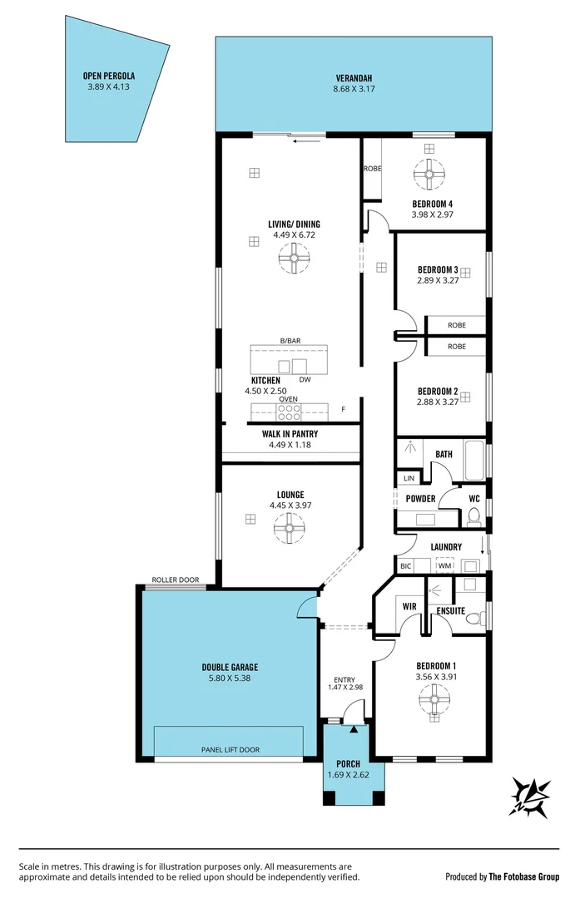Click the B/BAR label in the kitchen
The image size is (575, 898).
[289, 341]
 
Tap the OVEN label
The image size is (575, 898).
[288, 399]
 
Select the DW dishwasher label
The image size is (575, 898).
[305, 380]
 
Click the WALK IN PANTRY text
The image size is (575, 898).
[290, 433]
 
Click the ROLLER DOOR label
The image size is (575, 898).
[175, 580]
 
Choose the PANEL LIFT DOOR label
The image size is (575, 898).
[230, 749]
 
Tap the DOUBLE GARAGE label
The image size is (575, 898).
[230, 667]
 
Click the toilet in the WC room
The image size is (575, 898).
[473, 517]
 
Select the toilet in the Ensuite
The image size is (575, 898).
[473, 618]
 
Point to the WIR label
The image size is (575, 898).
[409, 607]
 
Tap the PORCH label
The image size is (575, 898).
[348, 764]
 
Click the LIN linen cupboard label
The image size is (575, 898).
[409, 478]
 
